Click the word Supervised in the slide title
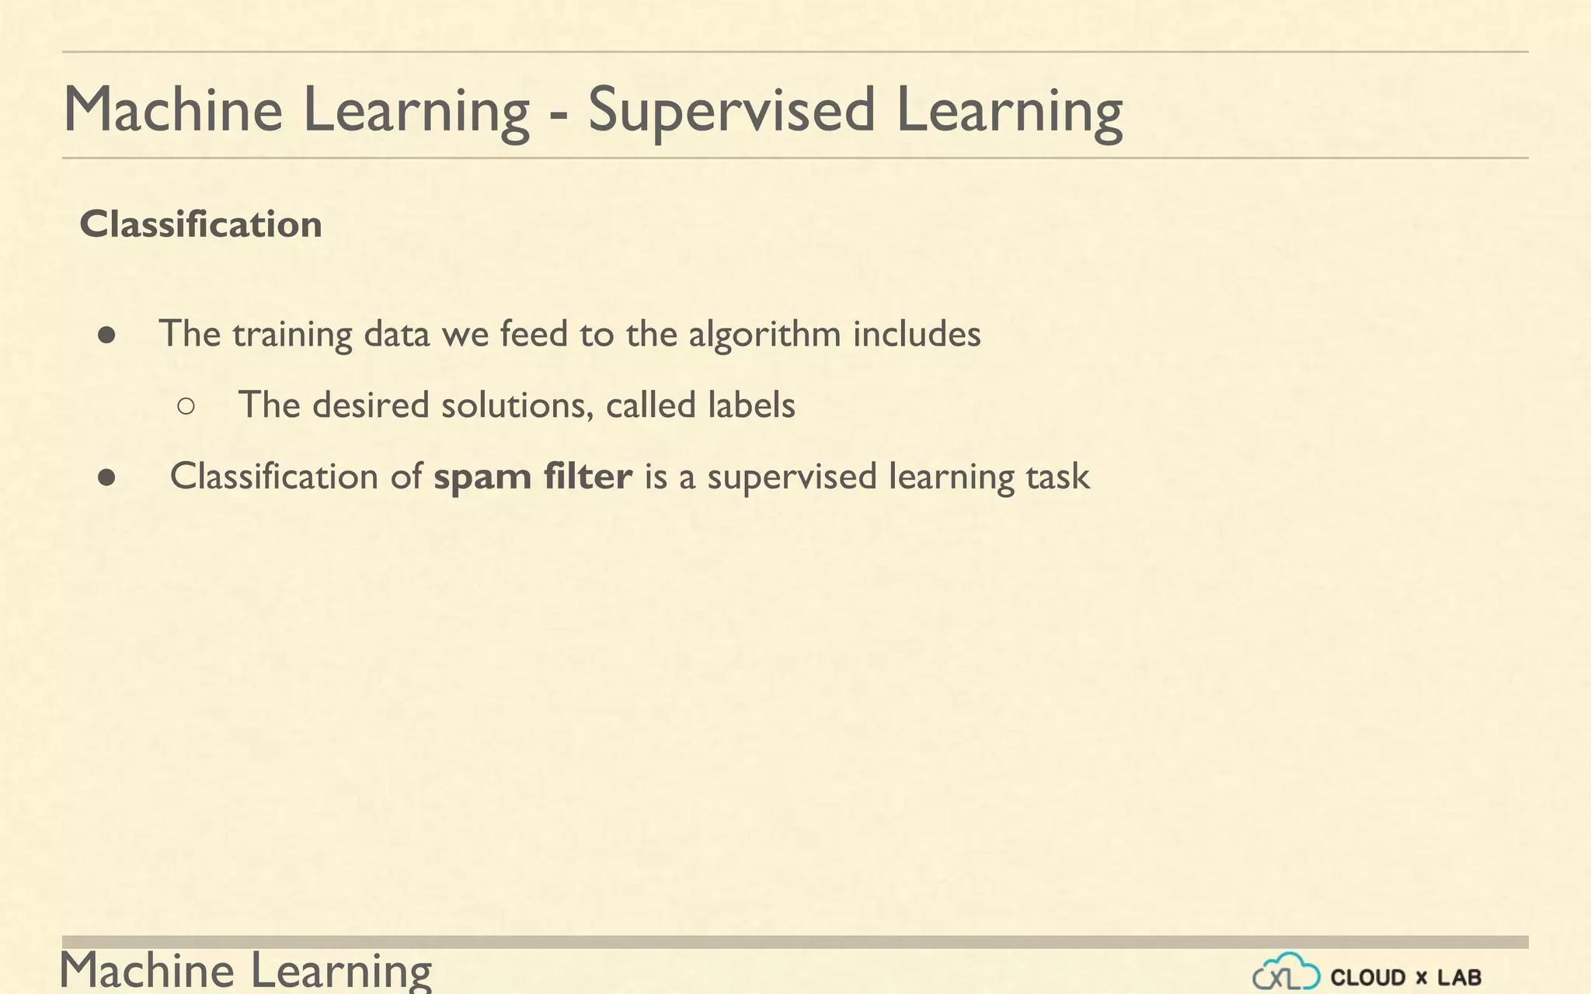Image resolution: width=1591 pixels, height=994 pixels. click(731, 110)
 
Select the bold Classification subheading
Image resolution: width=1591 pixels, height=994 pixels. click(200, 224)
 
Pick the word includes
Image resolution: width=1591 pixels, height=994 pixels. click(917, 335)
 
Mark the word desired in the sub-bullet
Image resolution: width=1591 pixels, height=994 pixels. click(371, 405)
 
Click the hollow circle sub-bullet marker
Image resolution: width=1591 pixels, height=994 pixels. click(186, 405)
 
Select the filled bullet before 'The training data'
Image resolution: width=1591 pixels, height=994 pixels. click(107, 335)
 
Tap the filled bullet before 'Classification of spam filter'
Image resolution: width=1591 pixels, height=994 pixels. click(107, 478)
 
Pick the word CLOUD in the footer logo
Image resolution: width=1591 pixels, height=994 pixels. click(1368, 977)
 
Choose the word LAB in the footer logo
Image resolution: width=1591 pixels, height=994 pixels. click(1460, 977)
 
